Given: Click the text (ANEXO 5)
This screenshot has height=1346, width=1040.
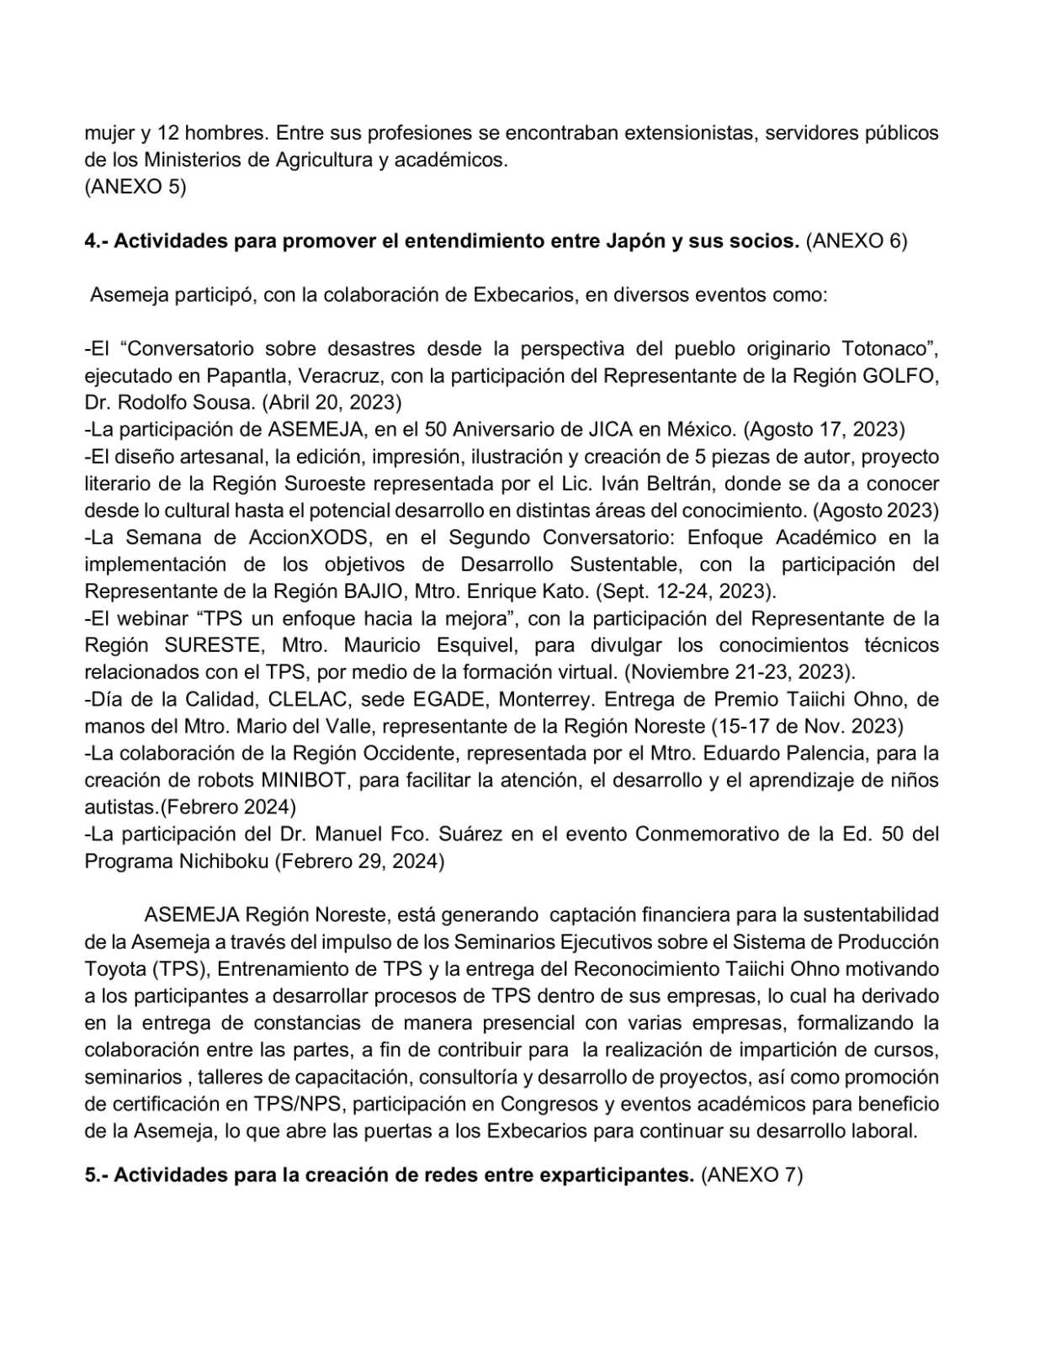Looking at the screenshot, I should coord(135,187).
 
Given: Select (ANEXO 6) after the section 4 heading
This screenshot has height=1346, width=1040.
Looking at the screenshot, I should coord(856,241).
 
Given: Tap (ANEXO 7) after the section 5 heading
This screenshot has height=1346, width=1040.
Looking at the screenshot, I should coord(751,1175).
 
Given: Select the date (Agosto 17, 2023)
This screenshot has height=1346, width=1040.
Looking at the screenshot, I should coord(823,430).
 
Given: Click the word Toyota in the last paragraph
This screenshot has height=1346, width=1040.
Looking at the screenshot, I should coord(114,969).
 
